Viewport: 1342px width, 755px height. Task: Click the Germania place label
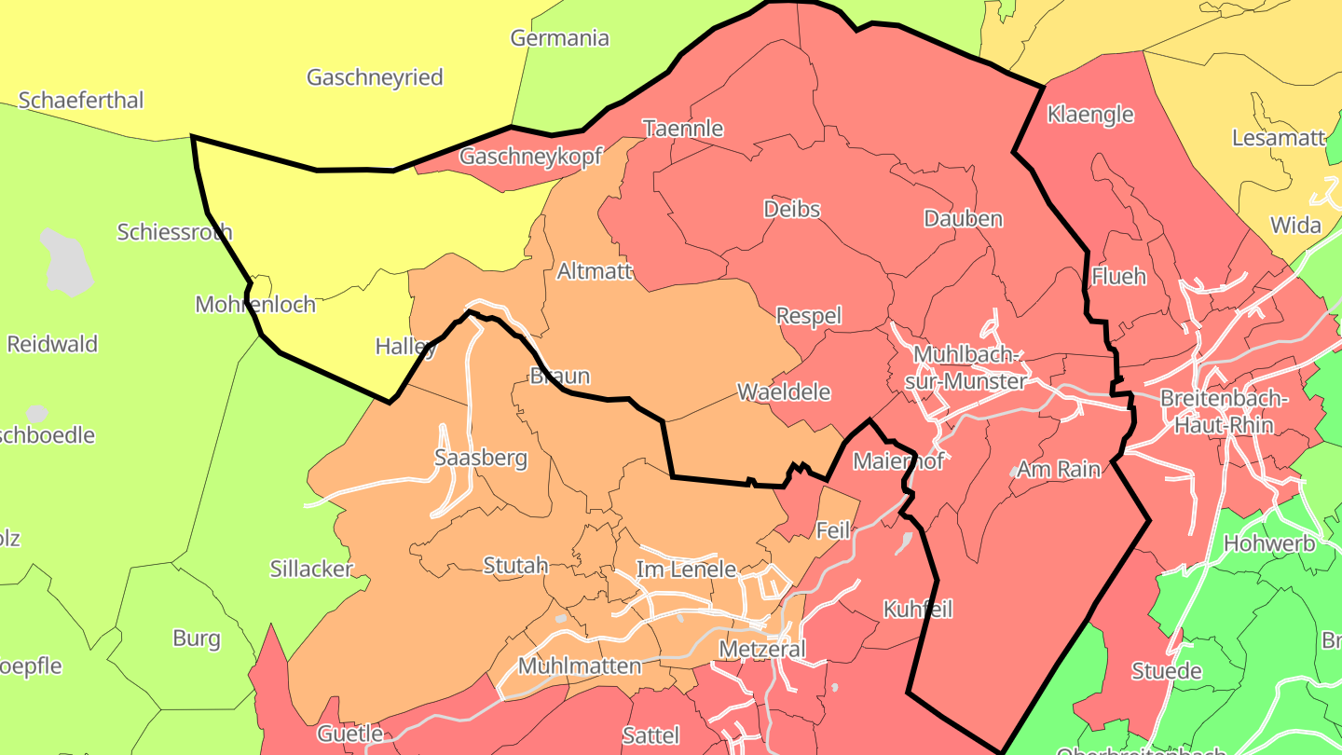click(x=559, y=38)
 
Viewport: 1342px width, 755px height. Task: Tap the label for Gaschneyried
click(x=375, y=77)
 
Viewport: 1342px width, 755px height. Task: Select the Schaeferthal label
click(x=81, y=100)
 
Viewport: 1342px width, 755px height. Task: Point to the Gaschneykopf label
click(x=531, y=157)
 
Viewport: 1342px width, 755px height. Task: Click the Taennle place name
click(x=683, y=128)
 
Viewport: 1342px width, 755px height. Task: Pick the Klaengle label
click(x=1090, y=115)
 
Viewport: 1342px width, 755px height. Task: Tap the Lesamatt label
click(x=1279, y=138)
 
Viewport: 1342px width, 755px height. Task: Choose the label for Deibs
click(x=792, y=209)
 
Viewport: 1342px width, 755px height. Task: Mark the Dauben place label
click(x=964, y=219)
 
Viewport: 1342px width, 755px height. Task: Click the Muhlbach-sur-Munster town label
click(x=969, y=368)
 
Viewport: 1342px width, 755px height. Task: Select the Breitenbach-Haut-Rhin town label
click(x=1224, y=411)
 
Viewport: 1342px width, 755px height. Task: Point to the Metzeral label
click(x=762, y=649)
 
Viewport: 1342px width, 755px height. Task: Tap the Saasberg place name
click(x=481, y=458)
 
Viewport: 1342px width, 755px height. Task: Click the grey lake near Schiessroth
click(x=67, y=261)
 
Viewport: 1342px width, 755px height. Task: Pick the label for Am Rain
click(x=1059, y=469)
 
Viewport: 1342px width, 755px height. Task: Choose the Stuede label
click(x=1166, y=671)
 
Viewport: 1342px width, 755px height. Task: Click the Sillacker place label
click(x=311, y=569)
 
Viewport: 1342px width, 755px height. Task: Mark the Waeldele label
click(x=784, y=392)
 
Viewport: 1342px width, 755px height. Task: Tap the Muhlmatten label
click(x=580, y=666)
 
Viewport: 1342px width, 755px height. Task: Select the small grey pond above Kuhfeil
click(x=904, y=543)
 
